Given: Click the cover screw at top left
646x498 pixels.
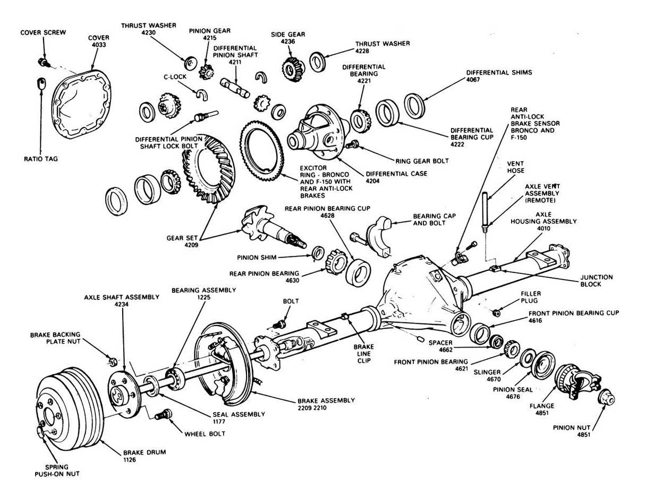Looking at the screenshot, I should [44, 63].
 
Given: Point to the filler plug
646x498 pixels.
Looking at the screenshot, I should [495, 311].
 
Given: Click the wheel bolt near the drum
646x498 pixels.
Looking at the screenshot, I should [164, 415].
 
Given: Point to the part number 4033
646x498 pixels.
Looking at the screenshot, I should [98, 46].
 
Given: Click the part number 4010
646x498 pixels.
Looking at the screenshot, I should [543, 229].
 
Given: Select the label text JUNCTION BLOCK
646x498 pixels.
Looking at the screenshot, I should [597, 281].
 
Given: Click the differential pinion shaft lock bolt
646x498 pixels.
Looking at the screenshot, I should [205, 114].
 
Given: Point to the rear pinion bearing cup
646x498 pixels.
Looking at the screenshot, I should [358, 271].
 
